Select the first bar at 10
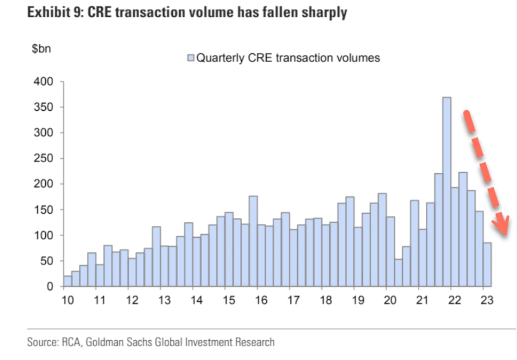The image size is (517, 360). click(67, 281)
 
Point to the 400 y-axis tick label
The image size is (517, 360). click(44, 82)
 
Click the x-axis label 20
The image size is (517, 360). click(389, 300)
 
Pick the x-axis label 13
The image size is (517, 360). click(164, 300)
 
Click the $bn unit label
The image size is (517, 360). click(41, 49)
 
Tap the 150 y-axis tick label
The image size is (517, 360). click(44, 210)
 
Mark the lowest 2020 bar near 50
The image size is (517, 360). click(398, 273)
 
